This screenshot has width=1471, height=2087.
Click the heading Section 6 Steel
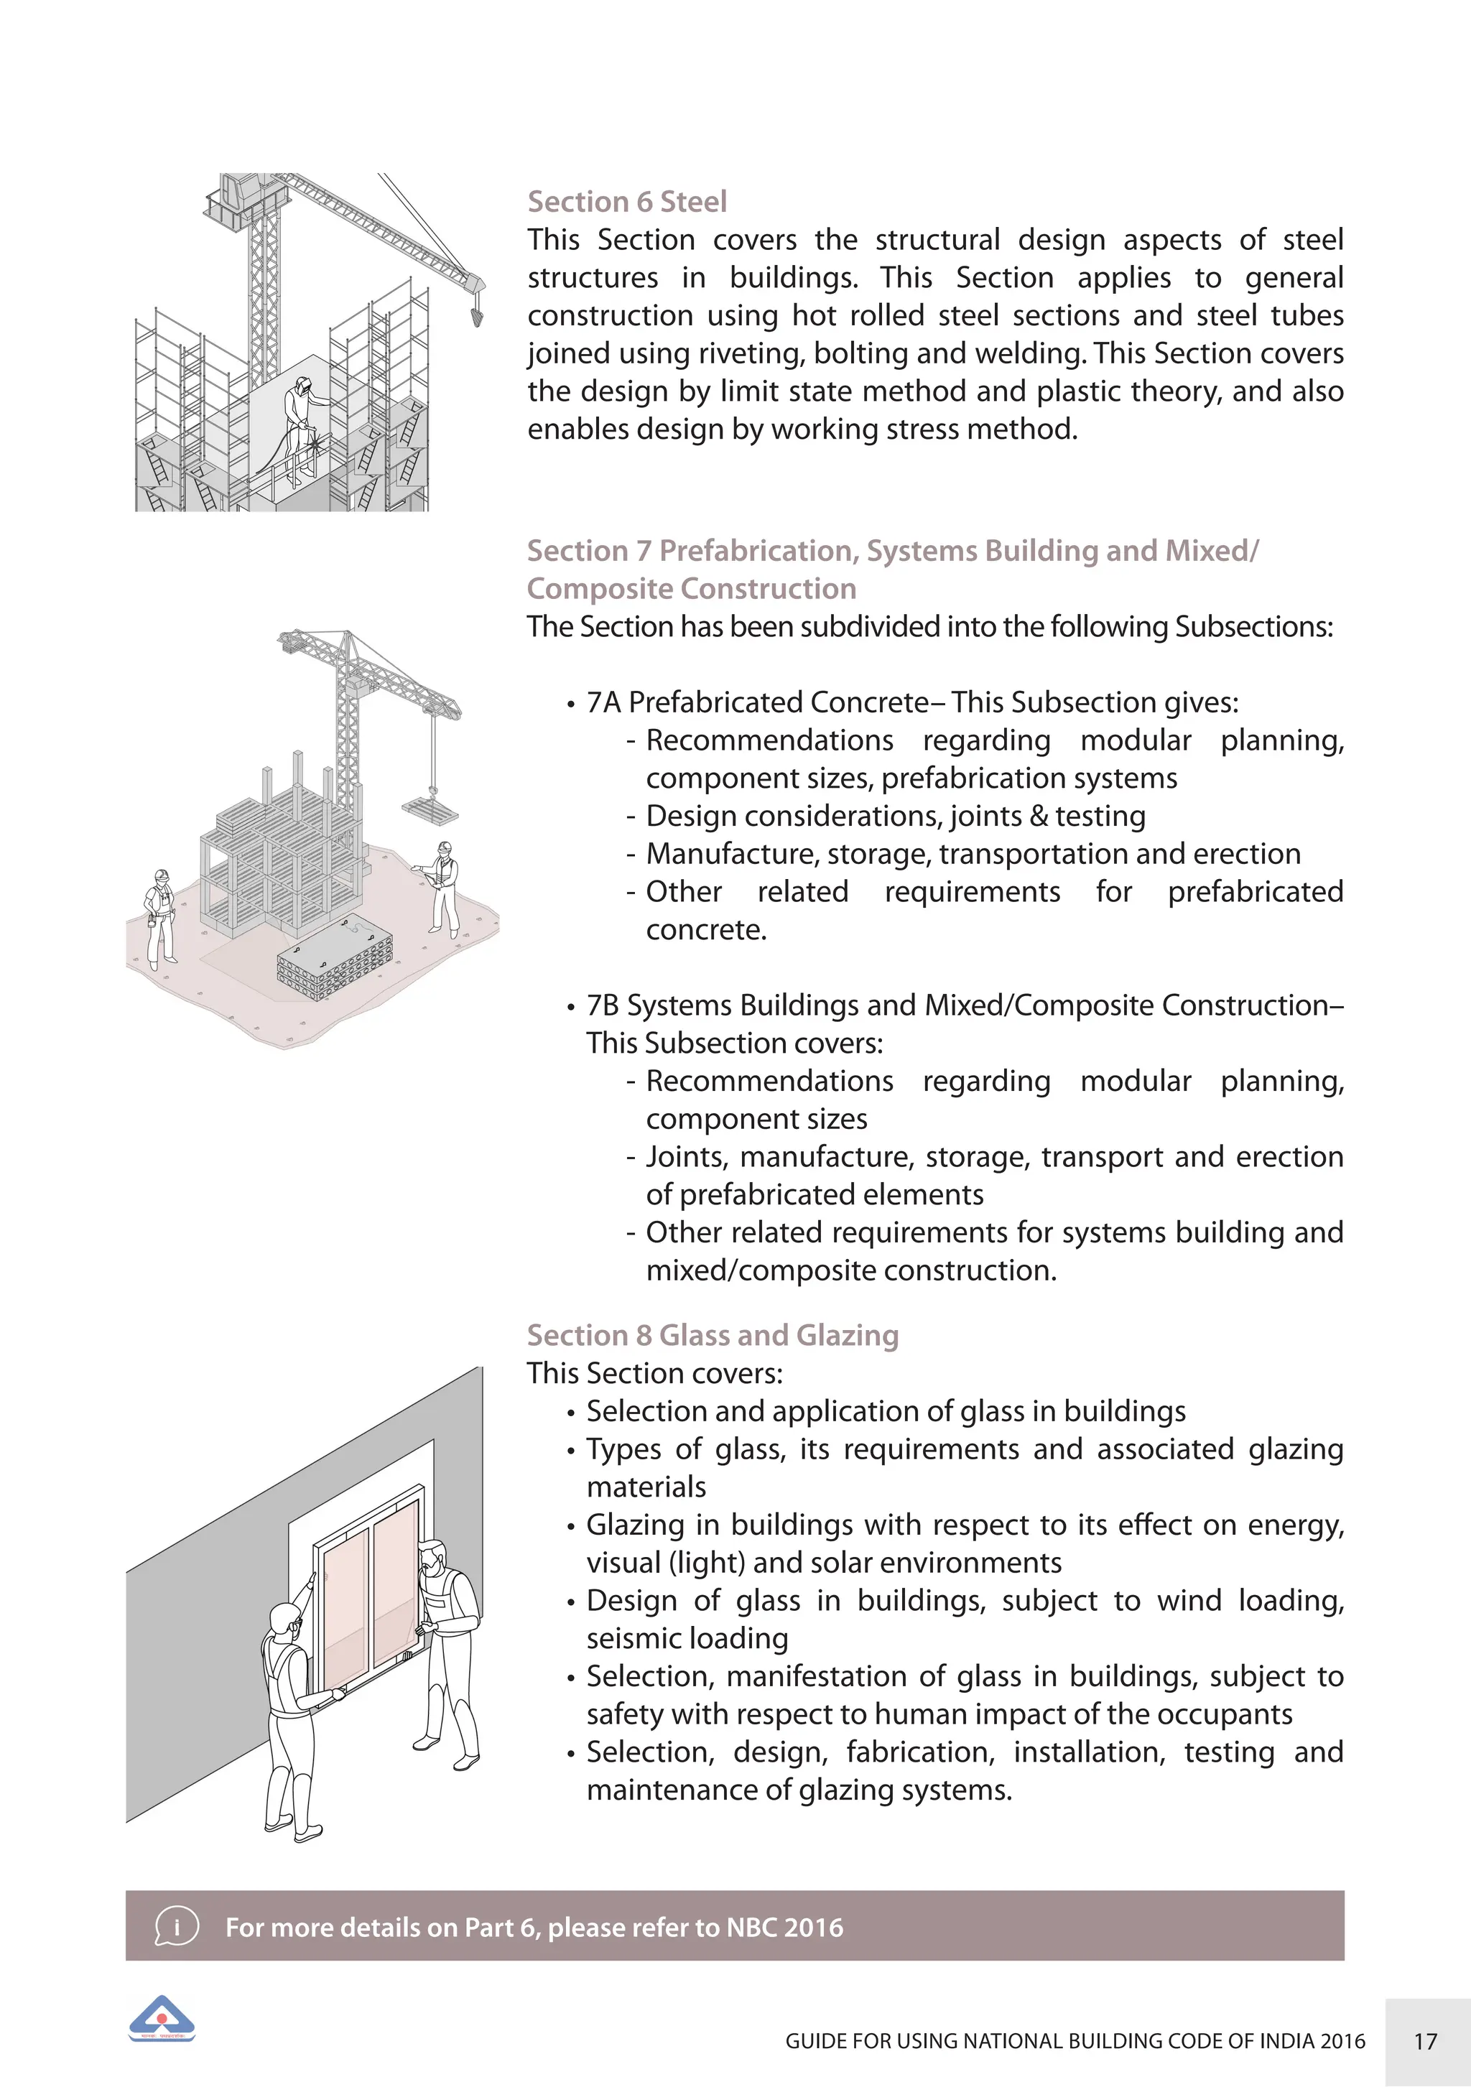click(626, 202)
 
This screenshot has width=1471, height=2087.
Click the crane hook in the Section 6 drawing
click(476, 315)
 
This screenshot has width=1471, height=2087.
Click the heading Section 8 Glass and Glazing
click(713, 1335)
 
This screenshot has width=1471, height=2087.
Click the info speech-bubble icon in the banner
click(177, 1926)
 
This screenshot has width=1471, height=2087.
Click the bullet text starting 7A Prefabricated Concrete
click(912, 702)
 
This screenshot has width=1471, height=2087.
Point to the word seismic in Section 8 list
click(633, 1638)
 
